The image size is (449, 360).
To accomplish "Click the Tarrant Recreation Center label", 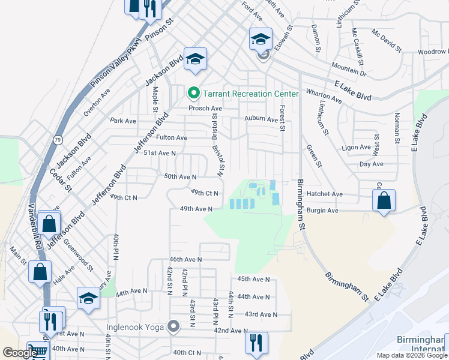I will click(x=250, y=94).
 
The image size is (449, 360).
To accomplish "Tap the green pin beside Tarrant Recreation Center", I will click(x=193, y=94).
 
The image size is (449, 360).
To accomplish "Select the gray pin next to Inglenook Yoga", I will click(x=173, y=327).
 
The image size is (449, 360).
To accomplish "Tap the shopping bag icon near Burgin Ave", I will click(x=384, y=200).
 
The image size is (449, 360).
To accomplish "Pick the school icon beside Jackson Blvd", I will click(x=195, y=59).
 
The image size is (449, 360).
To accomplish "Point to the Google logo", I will click(x=20, y=353).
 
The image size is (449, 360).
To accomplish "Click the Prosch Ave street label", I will click(x=205, y=109).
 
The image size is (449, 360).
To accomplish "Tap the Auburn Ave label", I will click(x=261, y=119).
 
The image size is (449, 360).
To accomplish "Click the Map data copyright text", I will click(x=412, y=355).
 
